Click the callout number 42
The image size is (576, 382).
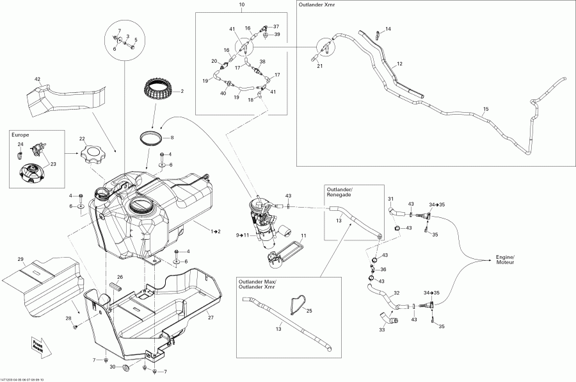click(x=37, y=79)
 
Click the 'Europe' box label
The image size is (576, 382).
click(x=20, y=136)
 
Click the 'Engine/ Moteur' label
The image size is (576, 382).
click(x=506, y=259)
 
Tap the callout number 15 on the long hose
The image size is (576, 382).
click(x=486, y=110)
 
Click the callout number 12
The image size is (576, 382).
click(x=399, y=64)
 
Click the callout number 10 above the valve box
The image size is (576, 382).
click(x=242, y=5)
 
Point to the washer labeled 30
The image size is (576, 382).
click(x=125, y=367)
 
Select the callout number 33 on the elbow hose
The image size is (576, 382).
click(x=381, y=330)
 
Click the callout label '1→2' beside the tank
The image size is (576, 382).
click(x=214, y=230)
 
